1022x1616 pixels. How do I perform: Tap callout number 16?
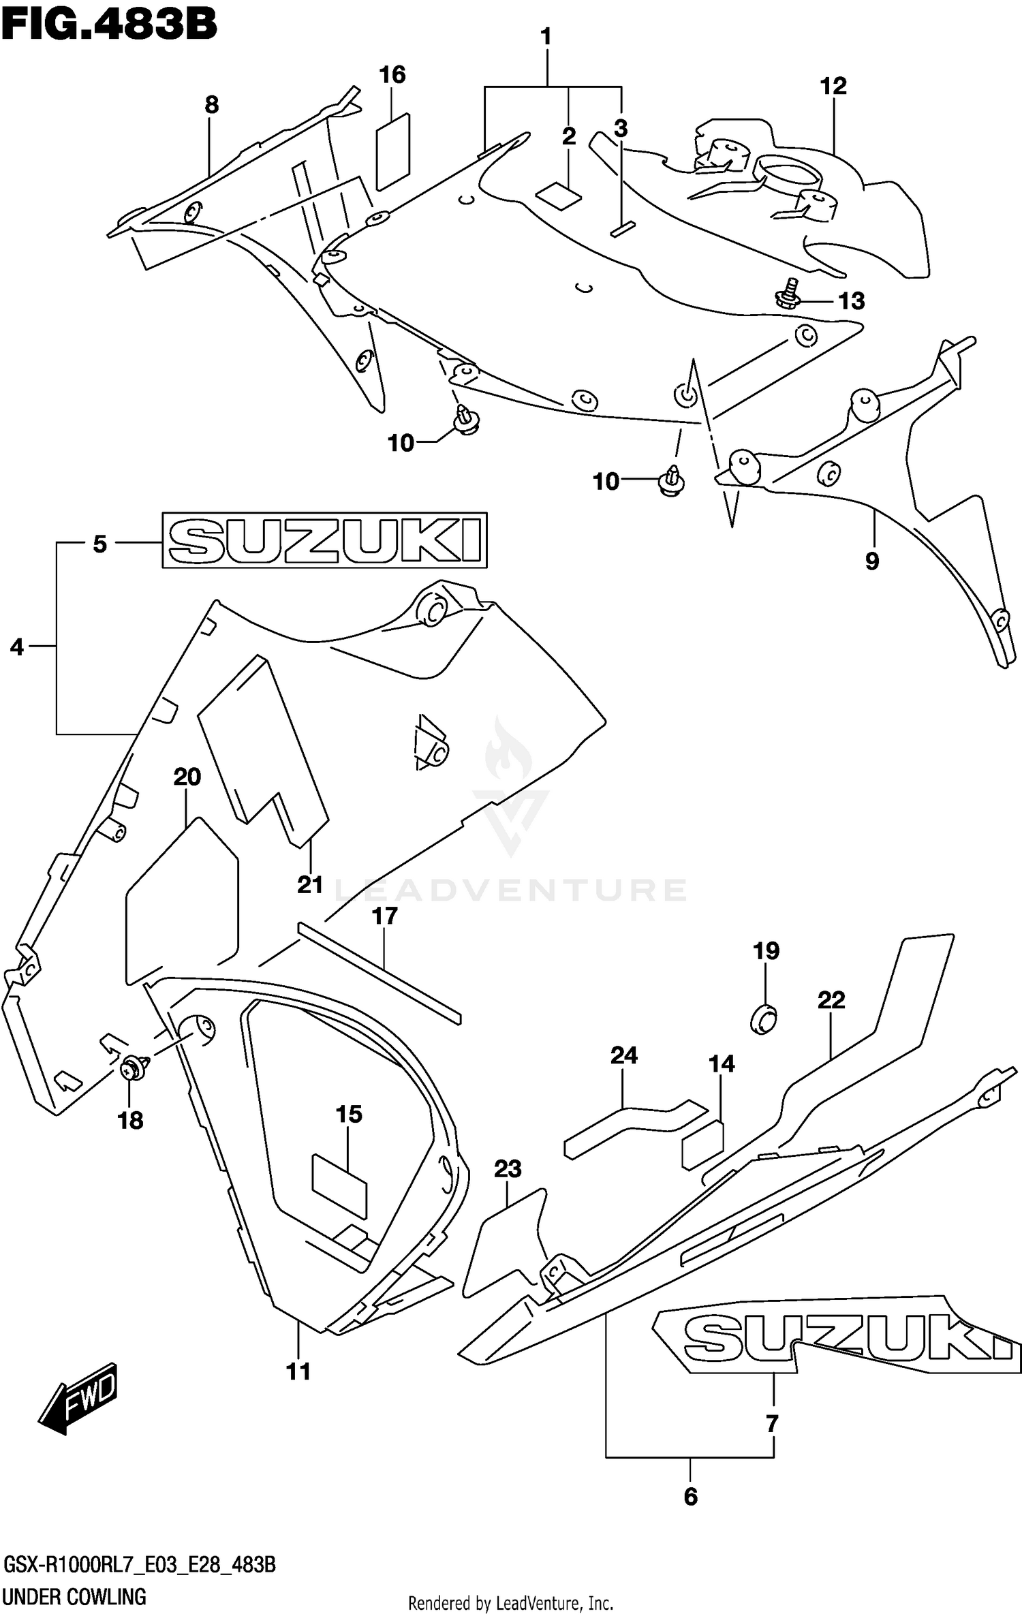[392, 75]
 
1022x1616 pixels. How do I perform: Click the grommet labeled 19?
[764, 1019]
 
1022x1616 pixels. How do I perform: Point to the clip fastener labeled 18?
[134, 1068]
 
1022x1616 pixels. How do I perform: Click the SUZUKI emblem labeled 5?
[324, 540]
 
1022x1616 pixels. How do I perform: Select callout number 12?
[833, 87]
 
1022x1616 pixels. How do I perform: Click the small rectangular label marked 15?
[339, 1185]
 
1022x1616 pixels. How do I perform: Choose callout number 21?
[310, 885]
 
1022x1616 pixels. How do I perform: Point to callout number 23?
[508, 1169]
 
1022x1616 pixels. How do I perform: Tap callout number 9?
[872, 561]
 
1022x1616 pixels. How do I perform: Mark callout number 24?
[623, 1055]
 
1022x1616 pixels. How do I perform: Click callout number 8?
[211, 105]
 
